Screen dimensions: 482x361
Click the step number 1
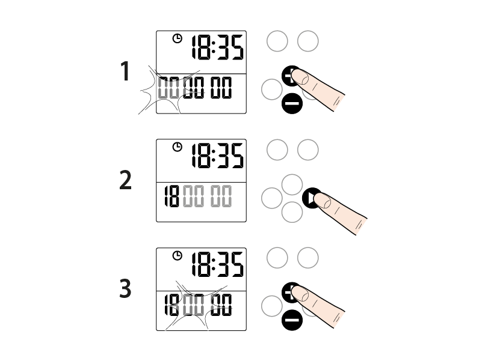click(125, 71)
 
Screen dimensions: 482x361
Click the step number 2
click(125, 180)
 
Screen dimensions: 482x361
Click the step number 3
click(125, 288)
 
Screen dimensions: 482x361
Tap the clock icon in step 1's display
click(178, 38)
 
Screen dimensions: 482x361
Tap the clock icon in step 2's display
click(178, 147)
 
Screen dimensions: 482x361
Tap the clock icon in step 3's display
click(178, 255)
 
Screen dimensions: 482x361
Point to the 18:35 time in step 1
click(218, 47)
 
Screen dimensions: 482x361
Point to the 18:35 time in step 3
click(218, 264)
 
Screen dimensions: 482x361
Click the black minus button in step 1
click(292, 103)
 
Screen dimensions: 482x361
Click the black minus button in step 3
click(292, 320)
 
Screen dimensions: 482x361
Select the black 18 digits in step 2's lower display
click(171, 196)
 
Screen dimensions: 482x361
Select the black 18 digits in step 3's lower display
click(171, 305)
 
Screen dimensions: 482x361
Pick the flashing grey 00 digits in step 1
click(168, 88)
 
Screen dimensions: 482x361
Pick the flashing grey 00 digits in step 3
click(193, 305)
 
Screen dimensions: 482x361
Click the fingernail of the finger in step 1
click(300, 77)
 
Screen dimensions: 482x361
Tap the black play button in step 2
click(311, 198)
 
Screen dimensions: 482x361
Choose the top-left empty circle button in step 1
click(277, 41)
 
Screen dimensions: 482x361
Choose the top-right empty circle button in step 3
click(307, 258)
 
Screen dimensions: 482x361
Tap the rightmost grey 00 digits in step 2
click(221, 196)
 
